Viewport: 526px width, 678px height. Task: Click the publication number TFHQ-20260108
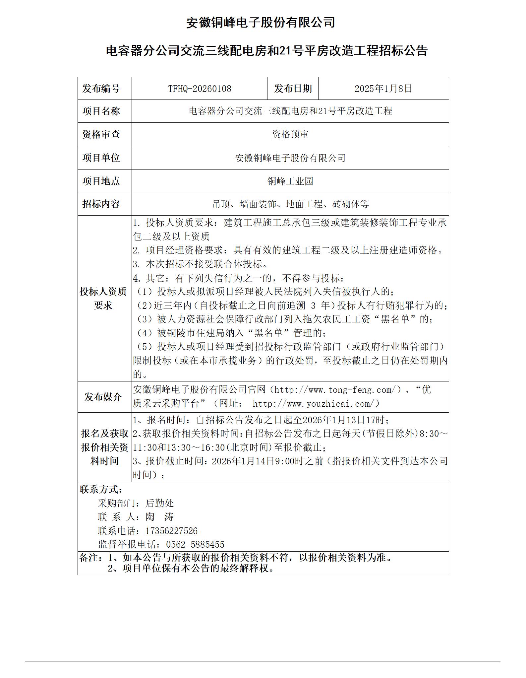[x=200, y=89]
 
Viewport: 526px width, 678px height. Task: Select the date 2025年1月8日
[x=383, y=89]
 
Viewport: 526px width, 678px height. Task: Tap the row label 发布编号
[x=101, y=89]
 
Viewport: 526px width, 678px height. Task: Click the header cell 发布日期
[x=293, y=89]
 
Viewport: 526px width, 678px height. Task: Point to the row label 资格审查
[x=101, y=134]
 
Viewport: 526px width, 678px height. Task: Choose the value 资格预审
[x=290, y=134]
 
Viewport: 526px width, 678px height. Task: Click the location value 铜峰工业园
[x=290, y=181]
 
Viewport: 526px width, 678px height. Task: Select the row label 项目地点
[x=101, y=181]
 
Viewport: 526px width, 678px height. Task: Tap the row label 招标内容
[x=101, y=204]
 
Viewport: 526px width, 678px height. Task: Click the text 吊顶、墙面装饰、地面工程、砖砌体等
[x=290, y=204]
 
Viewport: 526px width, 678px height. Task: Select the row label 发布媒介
[x=103, y=397]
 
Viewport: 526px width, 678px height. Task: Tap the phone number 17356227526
[x=171, y=531]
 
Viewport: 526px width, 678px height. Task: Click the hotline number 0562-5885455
[x=195, y=545]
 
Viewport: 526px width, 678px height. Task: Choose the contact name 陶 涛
[x=159, y=517]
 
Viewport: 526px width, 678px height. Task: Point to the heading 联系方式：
[x=101, y=490]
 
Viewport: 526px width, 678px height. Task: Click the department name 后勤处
[x=159, y=503]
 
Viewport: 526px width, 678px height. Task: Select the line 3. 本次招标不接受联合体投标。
[x=200, y=264]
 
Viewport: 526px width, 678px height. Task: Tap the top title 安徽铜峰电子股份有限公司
[x=261, y=23]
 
